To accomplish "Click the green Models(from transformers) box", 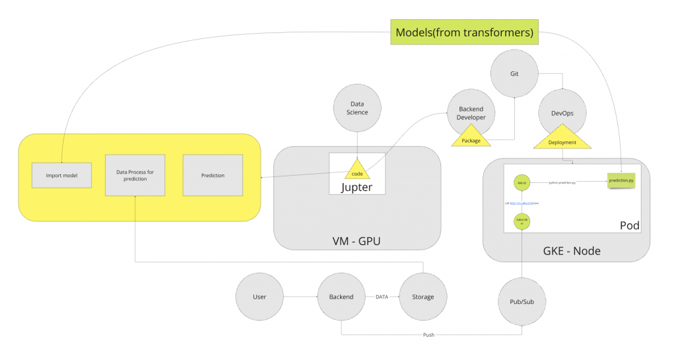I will tap(464, 32).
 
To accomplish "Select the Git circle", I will tap(514, 74).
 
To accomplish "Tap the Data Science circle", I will tap(358, 108).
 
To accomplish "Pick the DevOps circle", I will tap(562, 113).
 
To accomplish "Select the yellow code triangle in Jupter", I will tap(357, 170).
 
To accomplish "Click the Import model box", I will tap(61, 176).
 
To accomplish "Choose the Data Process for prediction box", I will tap(135, 175).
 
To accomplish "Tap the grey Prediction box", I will tap(213, 175).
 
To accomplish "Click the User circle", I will tap(259, 297).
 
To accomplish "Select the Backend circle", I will tap(341, 297).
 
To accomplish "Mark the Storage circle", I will tap(423, 297).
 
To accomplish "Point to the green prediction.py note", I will tap(623, 180).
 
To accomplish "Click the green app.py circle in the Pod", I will tap(522, 182).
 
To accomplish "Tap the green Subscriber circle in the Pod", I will tap(522, 221).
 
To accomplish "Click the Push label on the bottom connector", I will tap(429, 335).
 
